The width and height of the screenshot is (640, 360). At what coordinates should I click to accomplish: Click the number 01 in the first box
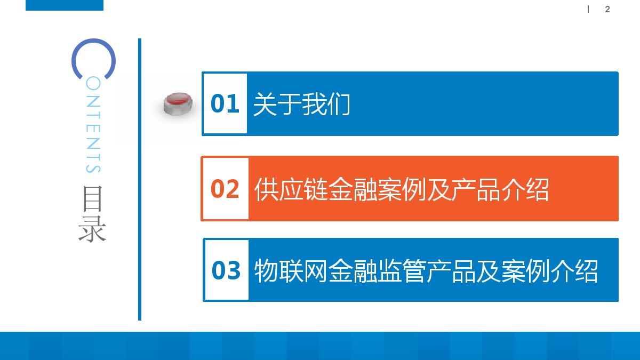225,103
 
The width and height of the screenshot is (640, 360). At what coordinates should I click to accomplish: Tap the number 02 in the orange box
225,189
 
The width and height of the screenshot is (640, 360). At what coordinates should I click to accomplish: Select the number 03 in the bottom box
226,270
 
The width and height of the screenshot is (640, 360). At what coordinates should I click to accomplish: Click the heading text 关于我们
301,104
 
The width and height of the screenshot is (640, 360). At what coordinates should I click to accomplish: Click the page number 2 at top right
607,9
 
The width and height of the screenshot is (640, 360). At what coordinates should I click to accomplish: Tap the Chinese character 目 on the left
93,199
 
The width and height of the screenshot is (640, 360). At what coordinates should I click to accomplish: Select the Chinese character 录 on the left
93,229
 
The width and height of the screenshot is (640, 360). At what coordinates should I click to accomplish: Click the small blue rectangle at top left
65,5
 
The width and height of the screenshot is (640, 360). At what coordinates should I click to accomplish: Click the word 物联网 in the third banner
291,270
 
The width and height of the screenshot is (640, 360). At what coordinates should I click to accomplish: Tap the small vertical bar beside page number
588,9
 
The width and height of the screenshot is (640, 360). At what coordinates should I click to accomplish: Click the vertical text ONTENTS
93,125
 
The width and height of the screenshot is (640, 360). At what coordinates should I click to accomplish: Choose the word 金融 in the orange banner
351,189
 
